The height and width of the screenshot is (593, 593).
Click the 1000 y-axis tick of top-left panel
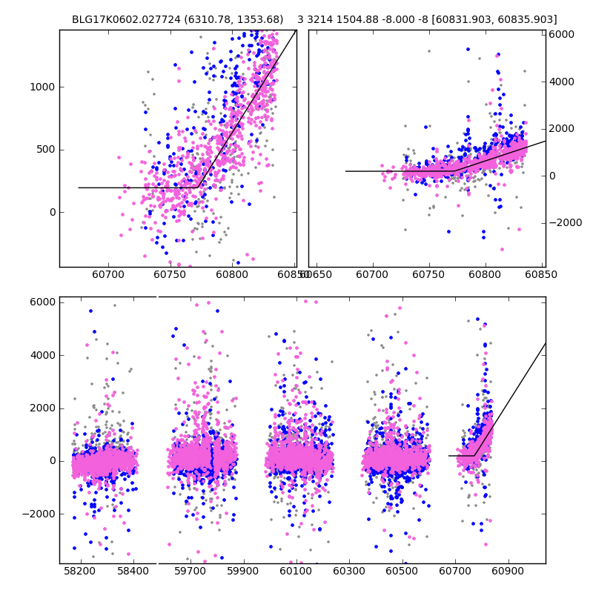(43, 87)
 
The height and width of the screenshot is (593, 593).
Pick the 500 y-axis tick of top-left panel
(46, 149)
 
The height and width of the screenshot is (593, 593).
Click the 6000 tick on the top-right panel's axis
(561, 34)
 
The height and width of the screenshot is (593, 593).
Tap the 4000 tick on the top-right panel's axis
(561, 82)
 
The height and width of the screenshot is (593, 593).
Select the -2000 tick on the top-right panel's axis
(564, 223)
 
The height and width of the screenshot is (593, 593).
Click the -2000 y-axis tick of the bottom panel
(40, 514)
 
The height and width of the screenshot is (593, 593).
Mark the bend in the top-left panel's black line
(199, 188)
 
